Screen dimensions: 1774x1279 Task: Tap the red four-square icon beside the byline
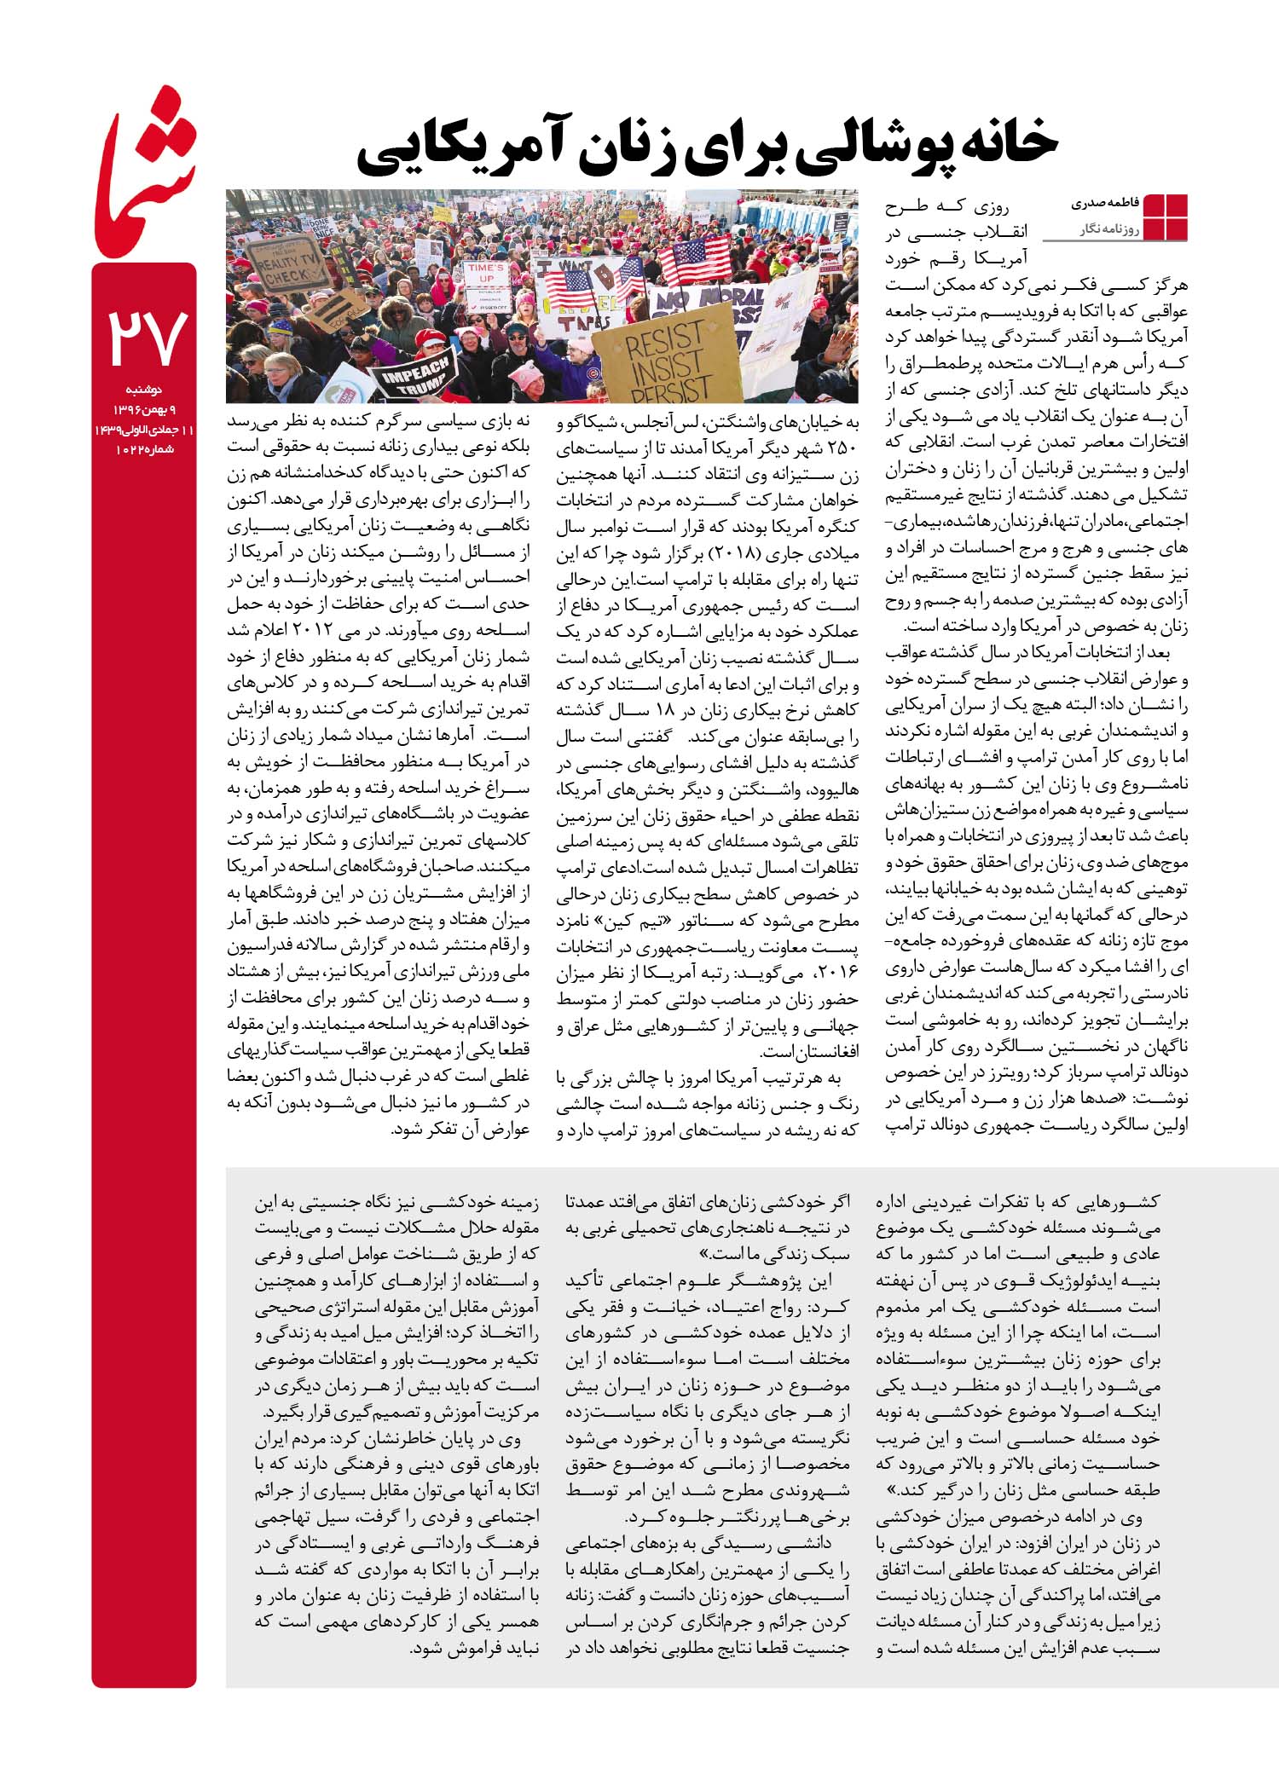tap(1164, 217)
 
